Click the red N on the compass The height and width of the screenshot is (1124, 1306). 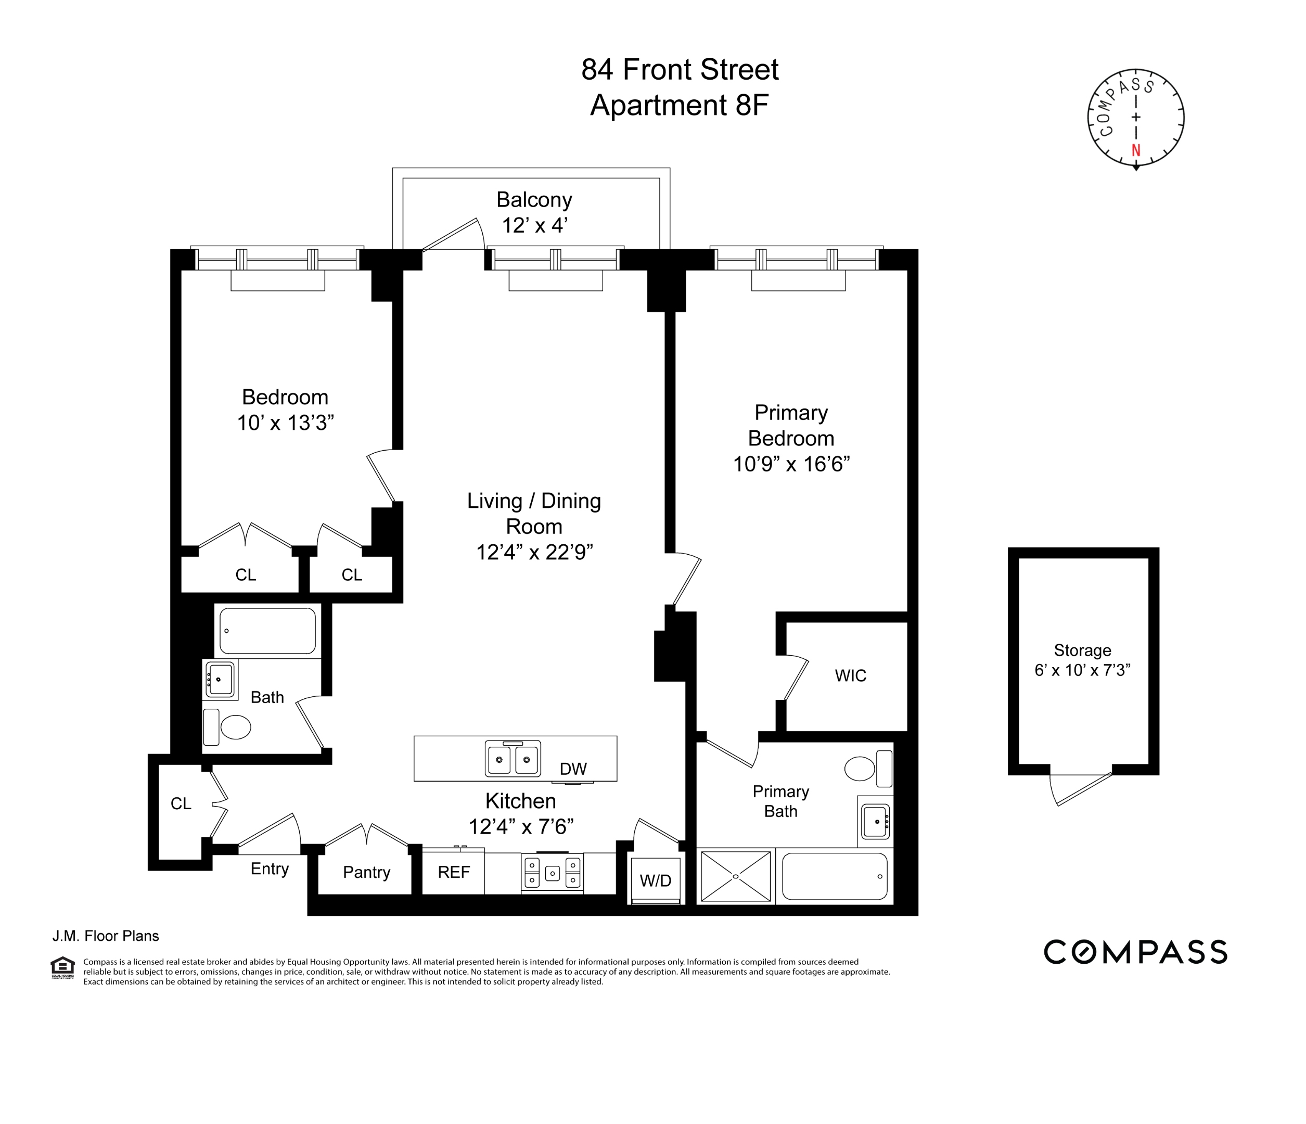click(x=1136, y=150)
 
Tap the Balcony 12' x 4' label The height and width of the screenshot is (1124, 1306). click(x=534, y=212)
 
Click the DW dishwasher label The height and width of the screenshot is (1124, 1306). click(x=573, y=769)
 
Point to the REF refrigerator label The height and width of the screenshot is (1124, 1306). click(x=454, y=872)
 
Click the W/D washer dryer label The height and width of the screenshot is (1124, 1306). click(x=656, y=880)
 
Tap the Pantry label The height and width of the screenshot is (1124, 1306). click(x=366, y=872)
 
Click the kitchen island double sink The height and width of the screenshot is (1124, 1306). click(x=513, y=758)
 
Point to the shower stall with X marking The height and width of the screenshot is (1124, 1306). click(x=736, y=876)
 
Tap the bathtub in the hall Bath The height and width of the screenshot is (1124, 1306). click(x=267, y=630)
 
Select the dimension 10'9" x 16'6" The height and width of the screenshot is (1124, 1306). click(x=791, y=464)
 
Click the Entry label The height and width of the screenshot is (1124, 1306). click(x=269, y=868)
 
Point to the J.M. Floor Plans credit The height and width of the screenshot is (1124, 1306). click(x=105, y=936)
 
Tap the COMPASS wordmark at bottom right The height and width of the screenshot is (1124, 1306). click(x=1135, y=952)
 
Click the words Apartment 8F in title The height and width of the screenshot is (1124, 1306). click(x=679, y=105)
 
